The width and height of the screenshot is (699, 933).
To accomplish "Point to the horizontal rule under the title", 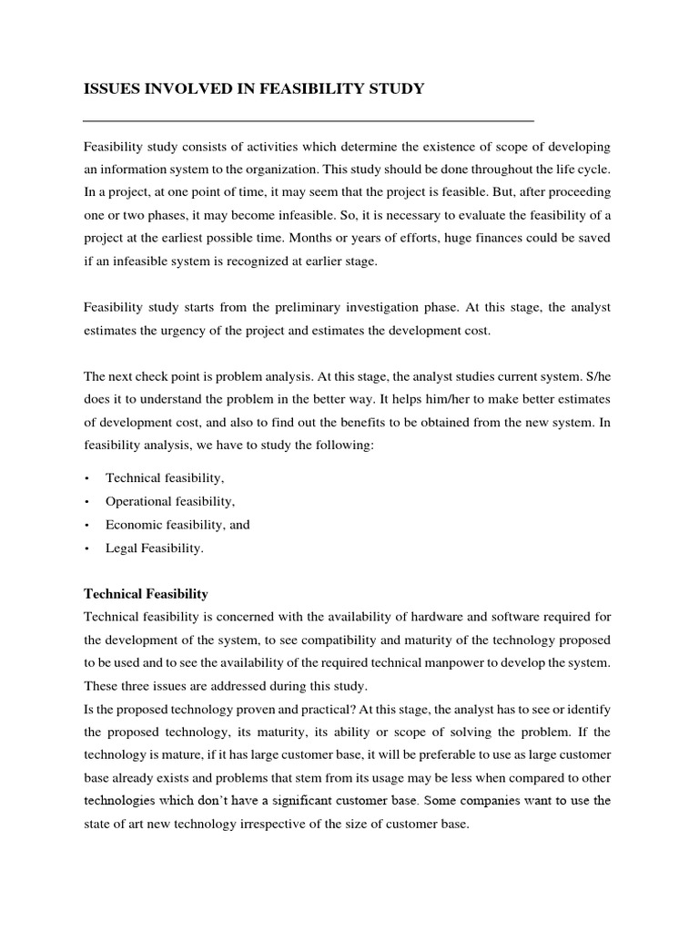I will point(308,120).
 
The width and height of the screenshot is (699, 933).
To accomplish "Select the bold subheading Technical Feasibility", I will point(146,593).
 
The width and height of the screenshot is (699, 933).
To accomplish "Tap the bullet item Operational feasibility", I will point(170,501).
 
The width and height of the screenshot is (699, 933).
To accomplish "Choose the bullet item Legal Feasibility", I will point(155,549).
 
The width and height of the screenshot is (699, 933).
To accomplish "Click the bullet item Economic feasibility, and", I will point(177,525).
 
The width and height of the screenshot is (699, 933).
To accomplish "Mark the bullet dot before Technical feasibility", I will point(86,478).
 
